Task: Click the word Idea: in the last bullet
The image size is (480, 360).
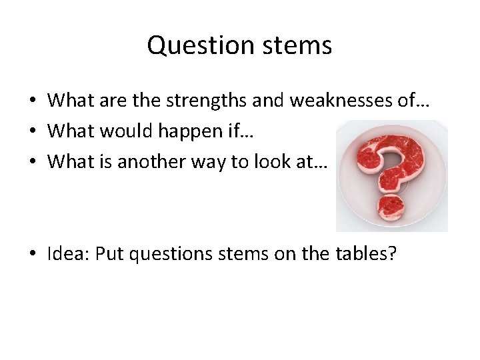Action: pyautogui.click(x=69, y=254)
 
